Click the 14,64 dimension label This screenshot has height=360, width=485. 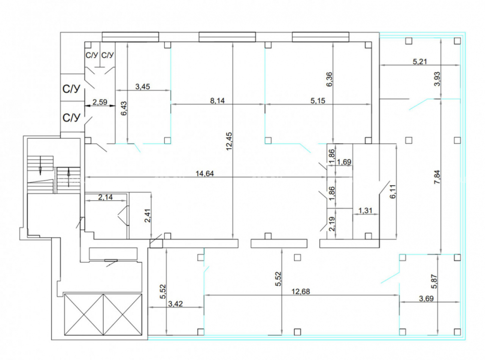coord(205,173)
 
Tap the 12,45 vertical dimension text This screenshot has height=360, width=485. coord(229,141)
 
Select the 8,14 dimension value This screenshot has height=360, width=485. coord(217,100)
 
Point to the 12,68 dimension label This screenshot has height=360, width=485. coord(301,292)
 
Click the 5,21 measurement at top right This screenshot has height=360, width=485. coord(420,61)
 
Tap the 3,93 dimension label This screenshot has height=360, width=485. coord(437,79)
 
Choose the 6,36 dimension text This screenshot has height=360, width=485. coord(329,79)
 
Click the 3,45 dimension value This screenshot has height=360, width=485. coord(143,87)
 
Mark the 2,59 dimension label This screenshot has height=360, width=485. coord(100,102)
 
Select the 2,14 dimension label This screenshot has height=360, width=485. coord(105,197)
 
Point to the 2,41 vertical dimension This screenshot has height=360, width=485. coord(147,216)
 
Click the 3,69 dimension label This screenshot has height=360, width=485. coord(426,299)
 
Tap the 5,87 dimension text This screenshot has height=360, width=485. coord(435,282)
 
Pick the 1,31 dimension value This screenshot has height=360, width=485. coord(365,211)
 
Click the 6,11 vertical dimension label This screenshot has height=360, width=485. coord(393,191)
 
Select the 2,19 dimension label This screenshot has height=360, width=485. coord(332,224)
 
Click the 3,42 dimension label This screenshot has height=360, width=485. coord(176,304)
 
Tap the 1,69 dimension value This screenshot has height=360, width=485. coord(344,162)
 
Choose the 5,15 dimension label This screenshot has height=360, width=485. coord(318,100)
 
